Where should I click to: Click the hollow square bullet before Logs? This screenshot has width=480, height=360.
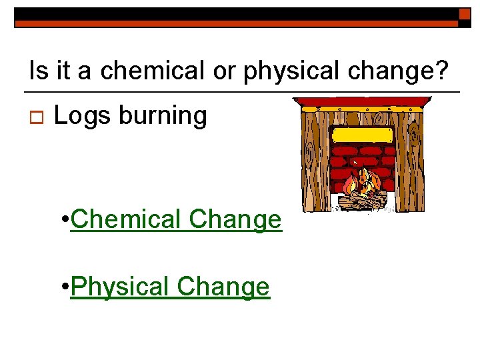click(x=32, y=118)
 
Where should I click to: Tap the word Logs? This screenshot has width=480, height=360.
click(x=81, y=117)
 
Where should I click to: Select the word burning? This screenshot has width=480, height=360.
click(x=163, y=117)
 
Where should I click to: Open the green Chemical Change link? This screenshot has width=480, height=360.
click(x=176, y=219)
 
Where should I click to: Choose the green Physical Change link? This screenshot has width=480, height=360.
click(x=170, y=287)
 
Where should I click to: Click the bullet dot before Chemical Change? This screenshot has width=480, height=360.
click(x=63, y=219)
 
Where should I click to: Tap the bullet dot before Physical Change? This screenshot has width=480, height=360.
click(x=63, y=287)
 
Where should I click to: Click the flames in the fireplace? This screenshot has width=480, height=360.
click(x=364, y=181)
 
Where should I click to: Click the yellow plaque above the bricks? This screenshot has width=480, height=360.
click(x=362, y=135)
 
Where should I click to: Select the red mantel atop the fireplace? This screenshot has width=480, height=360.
click(x=362, y=103)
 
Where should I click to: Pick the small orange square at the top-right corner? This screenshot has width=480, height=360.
click(x=465, y=14)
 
